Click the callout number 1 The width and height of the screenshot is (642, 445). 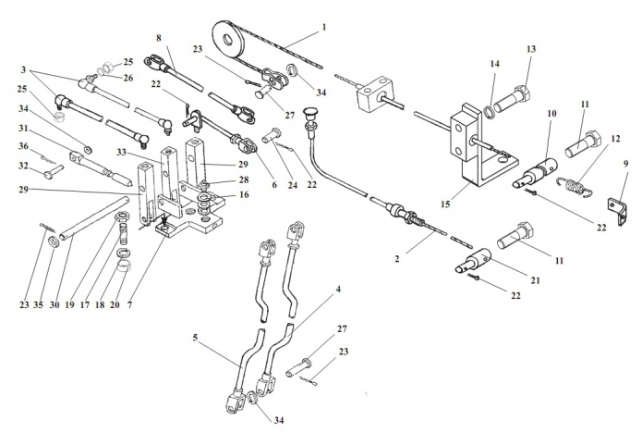click(x=324, y=28)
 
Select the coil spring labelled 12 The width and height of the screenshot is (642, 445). click(x=574, y=185)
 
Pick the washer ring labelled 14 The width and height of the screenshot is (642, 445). click(x=489, y=111)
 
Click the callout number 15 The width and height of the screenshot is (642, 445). click(x=445, y=204)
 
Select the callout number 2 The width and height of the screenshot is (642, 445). click(x=396, y=259)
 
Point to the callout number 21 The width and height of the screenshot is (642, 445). click(x=535, y=280)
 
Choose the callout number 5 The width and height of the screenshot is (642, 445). click(x=195, y=338)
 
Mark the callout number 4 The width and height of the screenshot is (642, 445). click(x=338, y=290)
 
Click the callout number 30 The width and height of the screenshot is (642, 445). click(x=55, y=305)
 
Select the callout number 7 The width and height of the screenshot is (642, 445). click(x=130, y=305)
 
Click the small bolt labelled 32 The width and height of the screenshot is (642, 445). click(x=54, y=171)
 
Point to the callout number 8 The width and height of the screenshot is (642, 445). click(x=159, y=38)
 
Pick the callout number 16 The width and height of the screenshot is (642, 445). click(x=244, y=194)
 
